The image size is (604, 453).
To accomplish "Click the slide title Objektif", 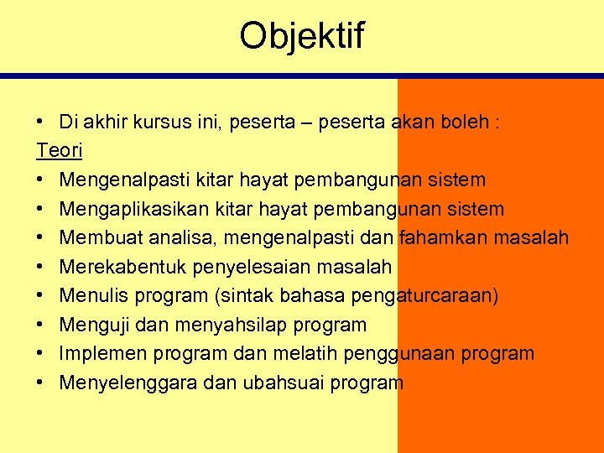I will (302, 36).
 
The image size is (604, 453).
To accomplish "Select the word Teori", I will (60, 151).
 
